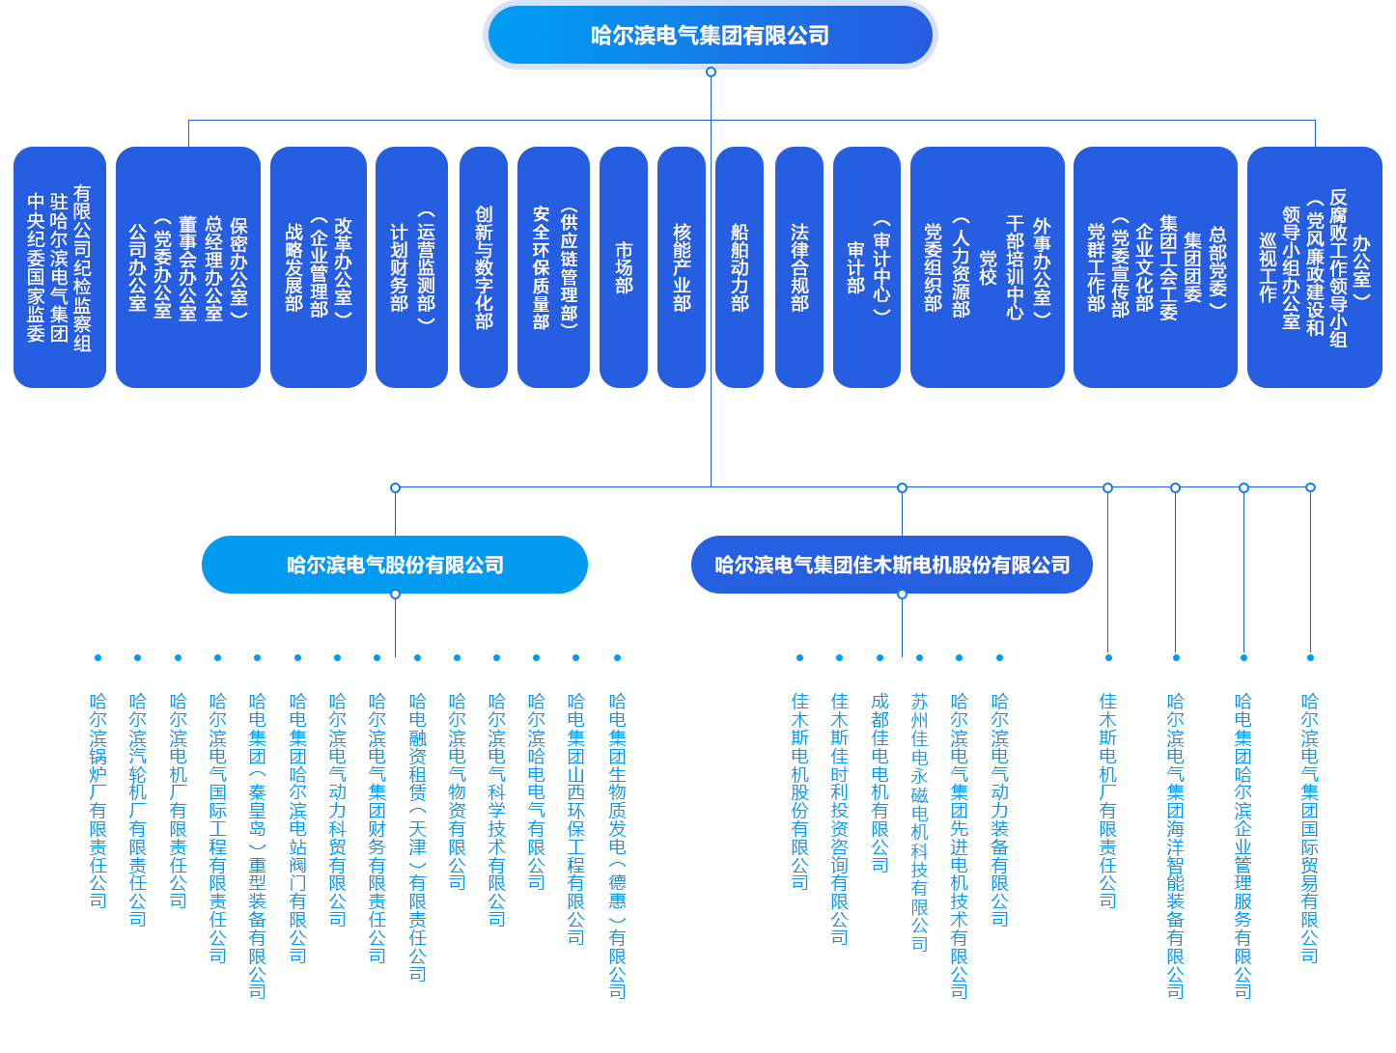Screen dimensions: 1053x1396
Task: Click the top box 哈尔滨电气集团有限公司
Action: point(711,37)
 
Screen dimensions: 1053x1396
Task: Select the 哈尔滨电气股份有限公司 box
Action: point(395,565)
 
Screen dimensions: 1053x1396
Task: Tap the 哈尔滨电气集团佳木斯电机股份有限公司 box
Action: point(892,565)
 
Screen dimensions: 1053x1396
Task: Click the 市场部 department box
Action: point(624,267)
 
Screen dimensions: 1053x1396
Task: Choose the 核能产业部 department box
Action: point(682,267)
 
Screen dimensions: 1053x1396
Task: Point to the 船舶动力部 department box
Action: point(740,267)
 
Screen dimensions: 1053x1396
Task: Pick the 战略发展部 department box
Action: point(294,267)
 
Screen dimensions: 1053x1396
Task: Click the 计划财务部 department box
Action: point(399,267)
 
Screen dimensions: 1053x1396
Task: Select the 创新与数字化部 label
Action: point(484,267)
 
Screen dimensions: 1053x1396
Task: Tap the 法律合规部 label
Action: point(799,267)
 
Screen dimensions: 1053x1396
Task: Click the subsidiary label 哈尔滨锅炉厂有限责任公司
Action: point(98,800)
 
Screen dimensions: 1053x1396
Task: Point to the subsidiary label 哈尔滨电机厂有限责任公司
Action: point(179,800)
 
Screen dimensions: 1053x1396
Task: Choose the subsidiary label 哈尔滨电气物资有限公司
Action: point(458,791)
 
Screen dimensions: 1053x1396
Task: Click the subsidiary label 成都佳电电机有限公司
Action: point(879,782)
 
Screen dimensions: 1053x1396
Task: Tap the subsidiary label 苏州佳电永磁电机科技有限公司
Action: point(919,821)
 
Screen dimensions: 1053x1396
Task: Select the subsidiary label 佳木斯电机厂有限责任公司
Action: point(1108,800)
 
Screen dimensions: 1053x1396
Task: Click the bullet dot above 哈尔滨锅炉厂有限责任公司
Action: point(98,658)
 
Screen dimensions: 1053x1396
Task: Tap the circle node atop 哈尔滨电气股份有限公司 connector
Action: point(395,488)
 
